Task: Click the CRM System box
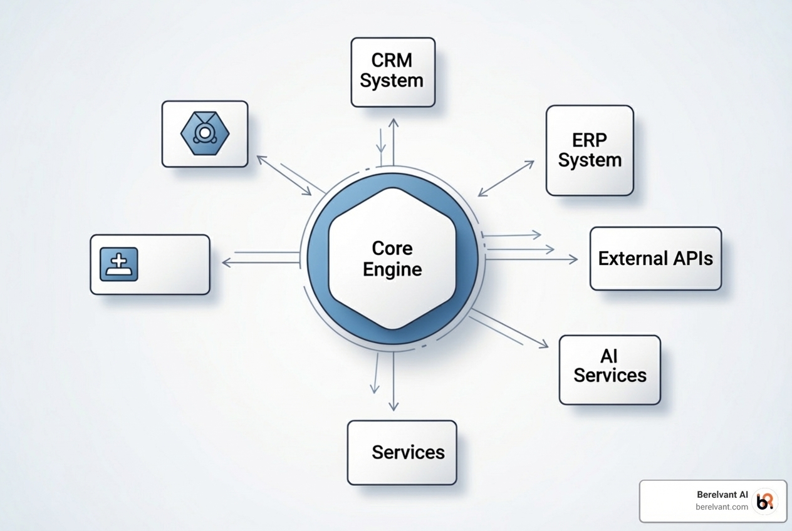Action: coord(393,72)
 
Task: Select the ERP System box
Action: coord(590,150)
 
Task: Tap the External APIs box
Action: coord(655,259)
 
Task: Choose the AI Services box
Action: coord(609,369)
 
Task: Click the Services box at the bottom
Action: coord(402,452)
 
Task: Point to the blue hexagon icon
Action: coord(205,133)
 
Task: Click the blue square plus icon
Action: coord(119,264)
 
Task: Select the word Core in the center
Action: coord(392,248)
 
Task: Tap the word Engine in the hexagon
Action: coord(392,269)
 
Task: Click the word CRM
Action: coord(392,61)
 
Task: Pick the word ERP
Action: coord(590,139)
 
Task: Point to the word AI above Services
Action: coord(609,356)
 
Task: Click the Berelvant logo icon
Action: coord(765,501)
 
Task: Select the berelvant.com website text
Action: coord(722,507)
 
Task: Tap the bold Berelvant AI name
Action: coord(722,494)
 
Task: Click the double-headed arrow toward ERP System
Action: coord(506,178)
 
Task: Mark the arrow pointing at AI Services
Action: coord(509,327)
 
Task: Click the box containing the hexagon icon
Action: coord(205,134)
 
